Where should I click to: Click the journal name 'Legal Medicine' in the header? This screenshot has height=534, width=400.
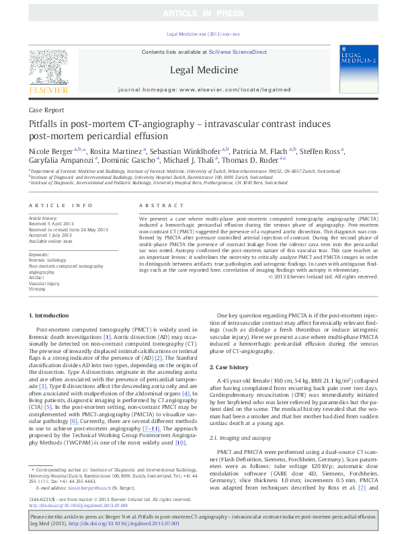point(203,69)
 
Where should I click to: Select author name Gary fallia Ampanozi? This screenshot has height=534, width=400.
point(61,160)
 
